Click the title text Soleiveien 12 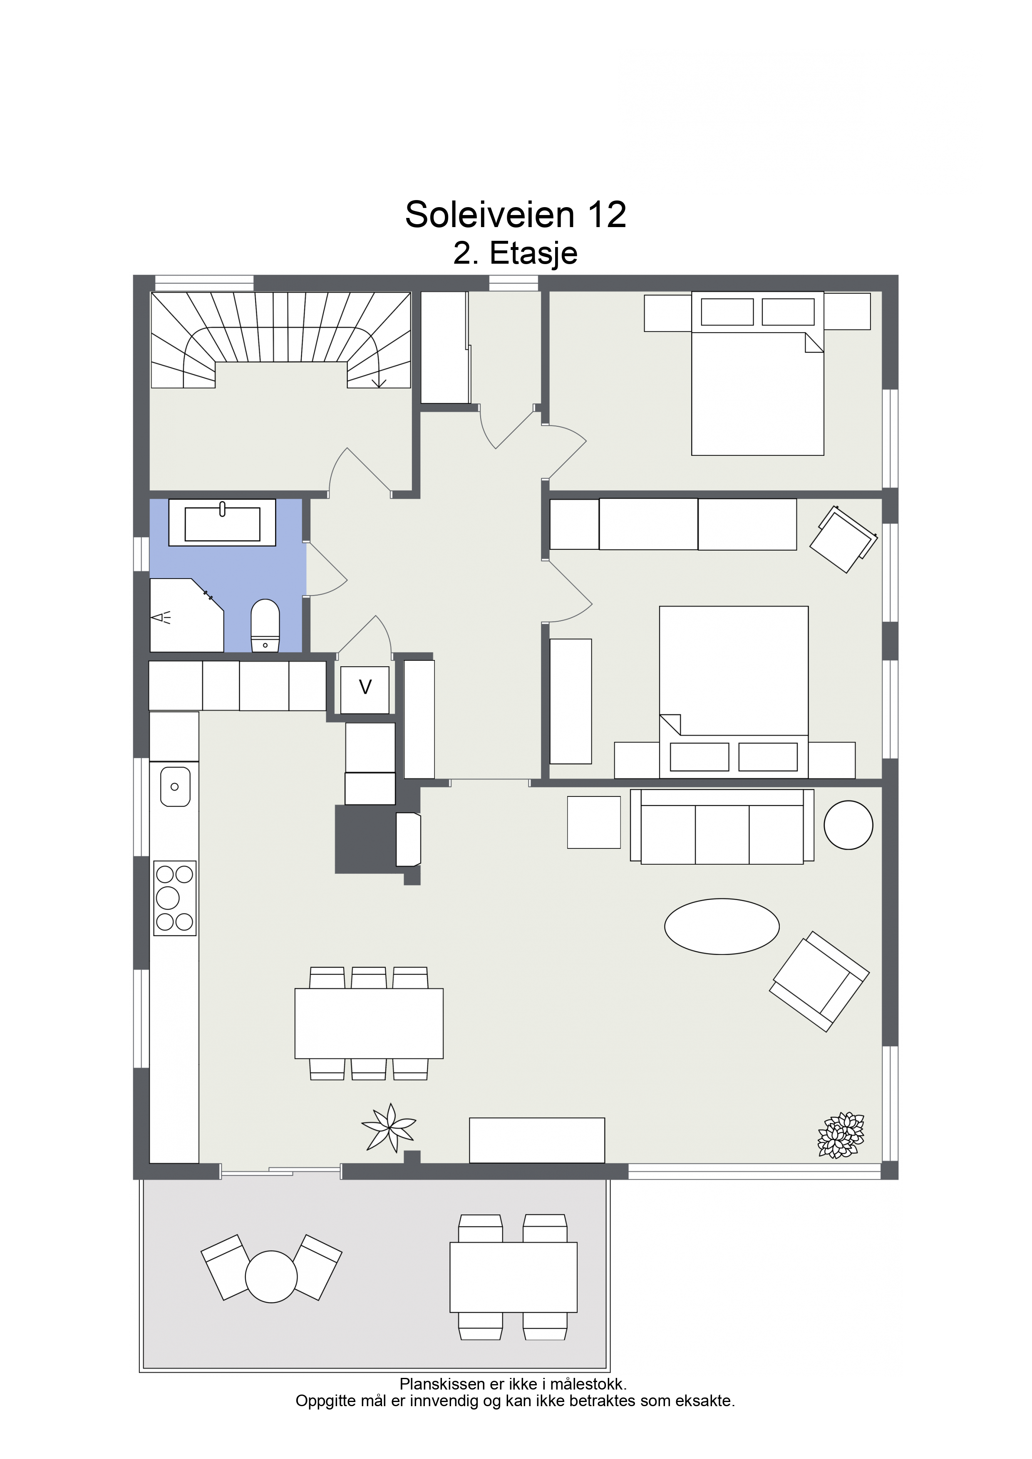[516, 214]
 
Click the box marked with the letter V [365, 690]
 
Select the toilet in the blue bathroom [265, 626]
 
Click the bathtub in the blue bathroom [222, 522]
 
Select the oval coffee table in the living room [722, 927]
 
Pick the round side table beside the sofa [848, 825]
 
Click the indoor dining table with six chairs [369, 1024]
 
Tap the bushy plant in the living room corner [841, 1135]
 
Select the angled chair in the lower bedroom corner [843, 539]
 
